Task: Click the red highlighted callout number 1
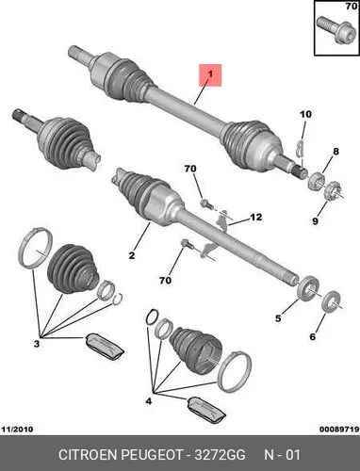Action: click(x=210, y=74)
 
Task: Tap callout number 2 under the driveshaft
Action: click(x=132, y=255)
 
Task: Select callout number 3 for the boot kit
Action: click(x=37, y=344)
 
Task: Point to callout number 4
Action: click(x=149, y=401)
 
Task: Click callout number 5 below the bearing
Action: click(x=278, y=318)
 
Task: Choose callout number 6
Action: click(x=312, y=337)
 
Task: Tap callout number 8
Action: click(x=336, y=152)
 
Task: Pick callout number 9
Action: click(x=315, y=221)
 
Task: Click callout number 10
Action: click(x=305, y=114)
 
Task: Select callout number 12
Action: click(x=256, y=217)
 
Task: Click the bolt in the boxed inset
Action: click(x=334, y=30)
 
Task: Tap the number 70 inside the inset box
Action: click(x=351, y=6)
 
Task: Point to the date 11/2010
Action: click(x=18, y=429)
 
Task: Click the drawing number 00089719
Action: click(x=339, y=429)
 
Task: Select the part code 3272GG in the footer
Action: click(x=220, y=455)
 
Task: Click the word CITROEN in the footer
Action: click(x=88, y=455)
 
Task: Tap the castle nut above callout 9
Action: click(x=333, y=191)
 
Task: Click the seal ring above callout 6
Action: click(x=331, y=300)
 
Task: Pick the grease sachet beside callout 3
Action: click(x=105, y=346)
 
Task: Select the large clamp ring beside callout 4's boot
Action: click(x=235, y=371)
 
